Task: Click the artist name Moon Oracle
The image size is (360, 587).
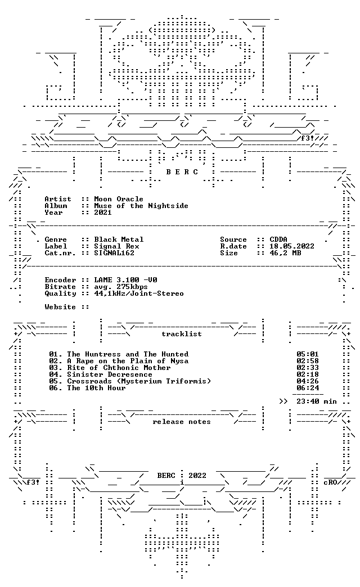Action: (x=119, y=199)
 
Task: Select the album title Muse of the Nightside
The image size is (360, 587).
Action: (x=141, y=206)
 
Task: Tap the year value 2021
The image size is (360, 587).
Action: (x=103, y=213)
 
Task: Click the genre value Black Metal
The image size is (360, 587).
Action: (x=119, y=240)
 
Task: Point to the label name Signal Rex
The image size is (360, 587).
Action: (x=116, y=246)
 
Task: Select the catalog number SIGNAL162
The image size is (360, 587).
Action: (x=114, y=253)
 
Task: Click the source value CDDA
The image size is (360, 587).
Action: (x=278, y=240)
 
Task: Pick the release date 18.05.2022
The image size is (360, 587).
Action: (x=292, y=246)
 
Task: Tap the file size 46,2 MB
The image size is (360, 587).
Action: (x=285, y=253)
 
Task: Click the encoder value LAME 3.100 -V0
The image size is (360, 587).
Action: (x=125, y=280)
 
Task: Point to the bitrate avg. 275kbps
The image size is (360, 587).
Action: (x=121, y=287)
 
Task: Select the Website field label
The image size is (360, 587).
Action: (x=60, y=307)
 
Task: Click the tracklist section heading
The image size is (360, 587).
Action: (x=182, y=334)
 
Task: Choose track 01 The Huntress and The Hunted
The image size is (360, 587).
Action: (x=119, y=354)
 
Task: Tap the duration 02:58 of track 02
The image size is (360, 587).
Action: (x=308, y=361)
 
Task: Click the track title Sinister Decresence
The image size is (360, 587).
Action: (x=110, y=374)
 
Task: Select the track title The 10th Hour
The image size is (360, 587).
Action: (x=96, y=388)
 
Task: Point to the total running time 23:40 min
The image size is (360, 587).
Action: (x=317, y=401)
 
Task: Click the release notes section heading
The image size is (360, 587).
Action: (x=182, y=422)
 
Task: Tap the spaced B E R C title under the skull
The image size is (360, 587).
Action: (x=182, y=172)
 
